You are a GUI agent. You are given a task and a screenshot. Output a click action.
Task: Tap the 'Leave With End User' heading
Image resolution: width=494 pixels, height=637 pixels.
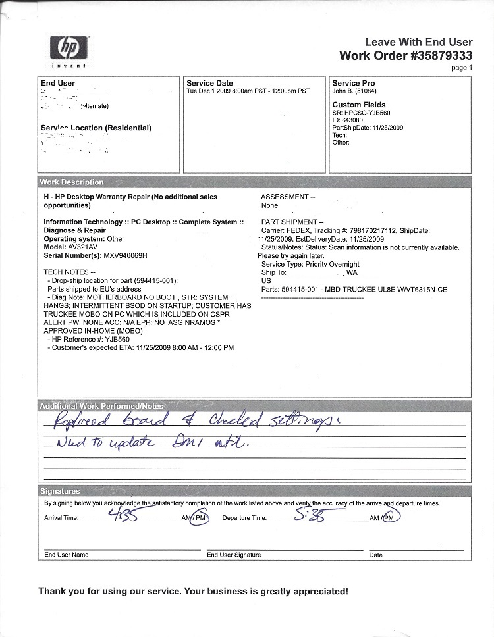pos(418,42)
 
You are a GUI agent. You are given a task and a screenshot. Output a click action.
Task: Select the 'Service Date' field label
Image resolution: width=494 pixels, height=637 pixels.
pos(209,83)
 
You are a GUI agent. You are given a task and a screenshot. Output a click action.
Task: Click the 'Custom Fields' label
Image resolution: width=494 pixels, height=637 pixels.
pos(359,105)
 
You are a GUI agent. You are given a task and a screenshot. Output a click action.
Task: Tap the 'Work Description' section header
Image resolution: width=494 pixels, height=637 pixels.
pos(72,182)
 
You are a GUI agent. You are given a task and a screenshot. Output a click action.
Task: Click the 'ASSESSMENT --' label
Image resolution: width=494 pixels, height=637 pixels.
pos(288,197)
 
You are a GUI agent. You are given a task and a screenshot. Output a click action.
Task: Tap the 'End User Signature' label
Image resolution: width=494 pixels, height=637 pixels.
pos(234,555)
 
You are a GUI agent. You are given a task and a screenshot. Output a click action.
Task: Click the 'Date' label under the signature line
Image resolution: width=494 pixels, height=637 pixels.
pos(375,555)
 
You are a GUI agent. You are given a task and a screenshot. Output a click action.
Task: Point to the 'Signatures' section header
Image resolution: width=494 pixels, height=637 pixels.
pos(60,491)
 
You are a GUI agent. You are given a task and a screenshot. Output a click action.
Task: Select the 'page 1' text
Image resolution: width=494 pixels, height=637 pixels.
pos(462,68)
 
